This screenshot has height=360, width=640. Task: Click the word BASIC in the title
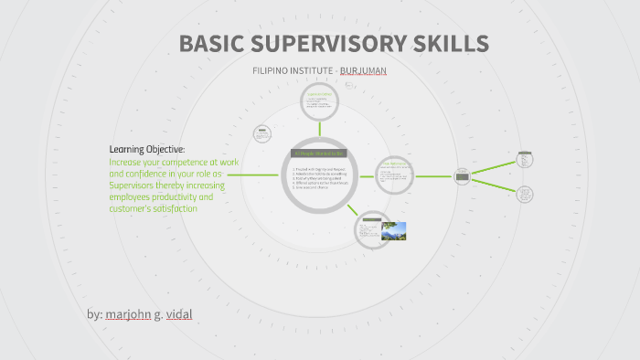tap(212, 44)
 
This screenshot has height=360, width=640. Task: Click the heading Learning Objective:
tap(147, 149)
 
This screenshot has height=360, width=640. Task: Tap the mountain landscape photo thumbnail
tap(393, 230)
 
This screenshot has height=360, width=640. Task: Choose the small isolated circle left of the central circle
tap(262, 134)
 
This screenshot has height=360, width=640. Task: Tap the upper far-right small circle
tap(525, 159)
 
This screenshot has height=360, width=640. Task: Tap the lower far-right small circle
tap(525, 195)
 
